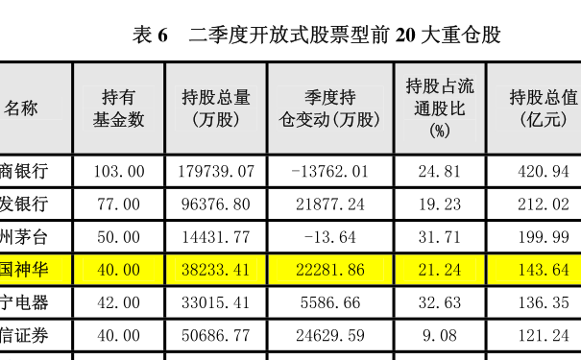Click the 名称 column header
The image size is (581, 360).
click(x=21, y=108)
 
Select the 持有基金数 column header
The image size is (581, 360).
click(x=118, y=108)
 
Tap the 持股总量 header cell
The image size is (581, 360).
click(x=216, y=108)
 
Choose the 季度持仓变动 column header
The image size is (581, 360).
click(x=330, y=108)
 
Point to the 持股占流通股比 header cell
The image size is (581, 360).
click(x=440, y=108)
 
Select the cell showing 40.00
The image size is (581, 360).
click(x=118, y=270)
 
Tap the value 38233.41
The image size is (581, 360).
click(x=215, y=270)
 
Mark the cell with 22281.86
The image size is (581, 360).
click(x=330, y=270)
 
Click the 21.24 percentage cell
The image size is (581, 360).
click(x=440, y=270)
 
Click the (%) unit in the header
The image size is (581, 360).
click(x=440, y=132)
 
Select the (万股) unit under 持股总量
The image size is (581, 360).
click(x=216, y=120)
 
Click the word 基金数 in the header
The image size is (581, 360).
click(x=118, y=120)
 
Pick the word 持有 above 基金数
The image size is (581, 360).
click(x=118, y=97)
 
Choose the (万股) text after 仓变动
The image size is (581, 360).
click(x=360, y=120)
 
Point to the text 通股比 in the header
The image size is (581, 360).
click(x=440, y=108)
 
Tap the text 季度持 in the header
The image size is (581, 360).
click(x=330, y=97)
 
